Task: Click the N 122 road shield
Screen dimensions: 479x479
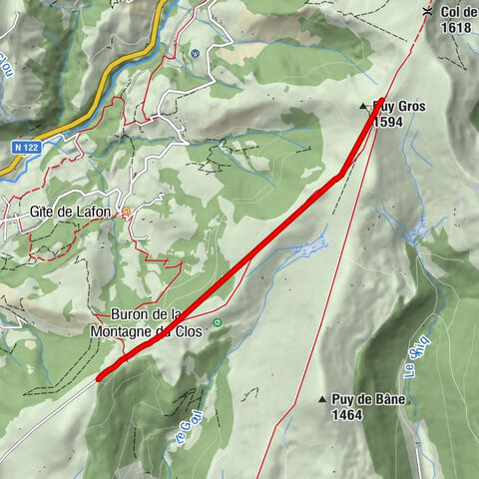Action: pos(28,147)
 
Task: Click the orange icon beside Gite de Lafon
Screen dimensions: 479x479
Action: pos(127,212)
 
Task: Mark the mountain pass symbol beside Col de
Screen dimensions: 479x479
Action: pos(427,11)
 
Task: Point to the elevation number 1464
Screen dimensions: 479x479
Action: pos(347,413)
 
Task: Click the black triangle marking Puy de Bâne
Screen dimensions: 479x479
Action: pos(322,399)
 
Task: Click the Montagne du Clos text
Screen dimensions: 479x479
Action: pos(145,330)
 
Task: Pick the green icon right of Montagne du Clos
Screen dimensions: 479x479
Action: pos(217,322)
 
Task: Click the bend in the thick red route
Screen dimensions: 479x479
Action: pos(342,173)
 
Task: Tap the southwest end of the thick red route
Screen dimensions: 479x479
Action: pos(100,377)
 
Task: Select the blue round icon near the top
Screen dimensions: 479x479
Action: pos(196,53)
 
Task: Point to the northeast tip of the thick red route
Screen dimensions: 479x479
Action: pos(382,99)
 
